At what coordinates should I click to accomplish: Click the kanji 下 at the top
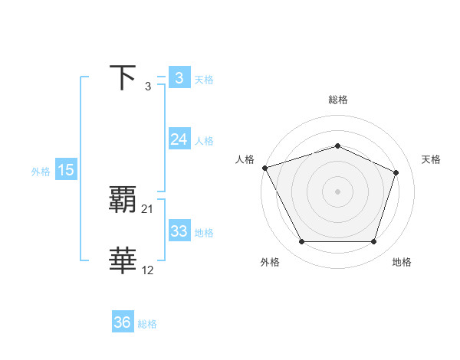click(x=123, y=78)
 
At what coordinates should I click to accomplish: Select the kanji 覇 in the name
click(x=123, y=200)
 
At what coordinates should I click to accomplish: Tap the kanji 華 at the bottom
click(x=123, y=260)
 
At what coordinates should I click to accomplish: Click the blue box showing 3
click(x=179, y=78)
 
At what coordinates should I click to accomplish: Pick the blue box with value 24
click(x=179, y=139)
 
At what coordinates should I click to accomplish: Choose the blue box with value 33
click(x=179, y=231)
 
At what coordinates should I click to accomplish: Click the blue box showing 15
click(x=66, y=170)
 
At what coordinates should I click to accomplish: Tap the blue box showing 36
click(x=123, y=322)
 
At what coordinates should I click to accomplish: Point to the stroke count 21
click(x=148, y=208)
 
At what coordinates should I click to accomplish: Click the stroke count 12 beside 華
click(x=148, y=270)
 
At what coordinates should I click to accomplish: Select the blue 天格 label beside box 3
click(x=204, y=79)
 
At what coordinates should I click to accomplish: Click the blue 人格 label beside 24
click(x=204, y=141)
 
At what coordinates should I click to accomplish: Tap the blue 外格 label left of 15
click(x=41, y=172)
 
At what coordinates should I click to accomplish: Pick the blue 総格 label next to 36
click(x=147, y=324)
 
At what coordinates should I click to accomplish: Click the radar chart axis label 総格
click(x=337, y=100)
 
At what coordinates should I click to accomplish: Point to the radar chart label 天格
click(x=431, y=159)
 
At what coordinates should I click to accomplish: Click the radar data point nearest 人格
click(x=264, y=168)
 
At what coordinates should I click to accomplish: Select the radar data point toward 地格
click(x=373, y=242)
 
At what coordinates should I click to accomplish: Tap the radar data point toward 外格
click(x=301, y=242)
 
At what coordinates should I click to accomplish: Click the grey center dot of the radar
click(x=337, y=191)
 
